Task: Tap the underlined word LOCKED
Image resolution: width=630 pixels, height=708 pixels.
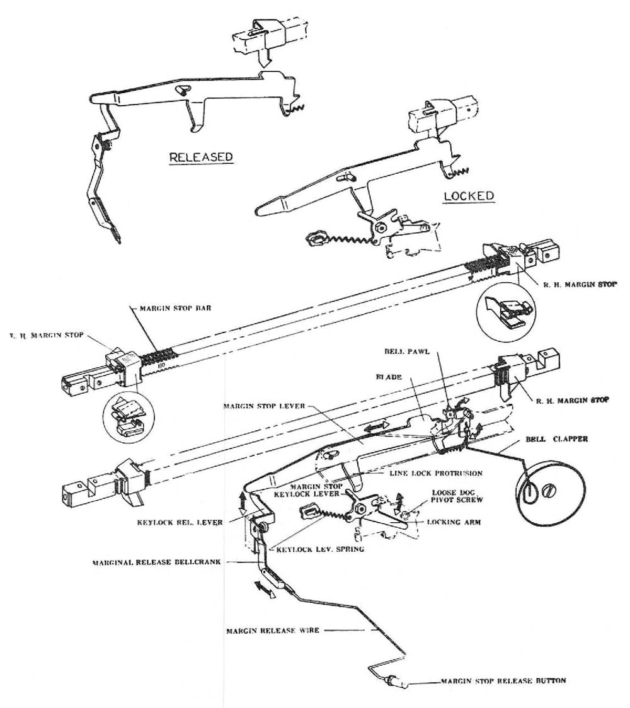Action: pyautogui.click(x=468, y=195)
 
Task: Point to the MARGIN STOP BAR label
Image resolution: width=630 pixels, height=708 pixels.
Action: pyautogui.click(x=172, y=309)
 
